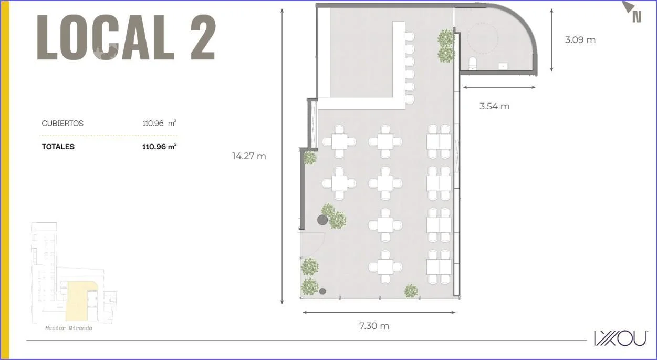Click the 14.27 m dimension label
click(x=249, y=156)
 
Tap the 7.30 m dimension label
click(x=374, y=326)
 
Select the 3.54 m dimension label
click(x=495, y=106)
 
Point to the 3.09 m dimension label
click(x=580, y=39)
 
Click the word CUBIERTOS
click(x=62, y=123)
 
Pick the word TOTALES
click(x=58, y=147)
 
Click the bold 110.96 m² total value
click(x=159, y=147)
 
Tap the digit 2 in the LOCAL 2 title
click(x=203, y=37)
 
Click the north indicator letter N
click(x=637, y=17)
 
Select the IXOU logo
click(x=620, y=338)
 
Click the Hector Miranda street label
click(x=69, y=328)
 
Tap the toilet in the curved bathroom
click(x=472, y=64)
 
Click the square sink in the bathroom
click(x=503, y=66)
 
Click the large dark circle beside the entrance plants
click(x=322, y=220)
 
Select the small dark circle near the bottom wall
click(x=322, y=291)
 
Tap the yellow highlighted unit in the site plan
click(x=77, y=301)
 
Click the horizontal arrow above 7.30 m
click(x=379, y=313)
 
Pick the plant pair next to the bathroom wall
click(x=446, y=46)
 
